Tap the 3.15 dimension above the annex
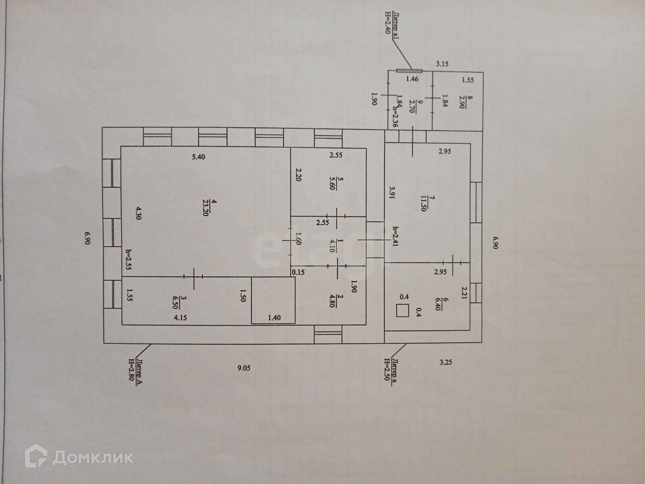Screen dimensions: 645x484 443,63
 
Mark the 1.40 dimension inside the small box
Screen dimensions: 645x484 274,318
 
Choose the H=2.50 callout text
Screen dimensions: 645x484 387,371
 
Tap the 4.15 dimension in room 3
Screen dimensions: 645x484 180,318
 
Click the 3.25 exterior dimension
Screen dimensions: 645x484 446,362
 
